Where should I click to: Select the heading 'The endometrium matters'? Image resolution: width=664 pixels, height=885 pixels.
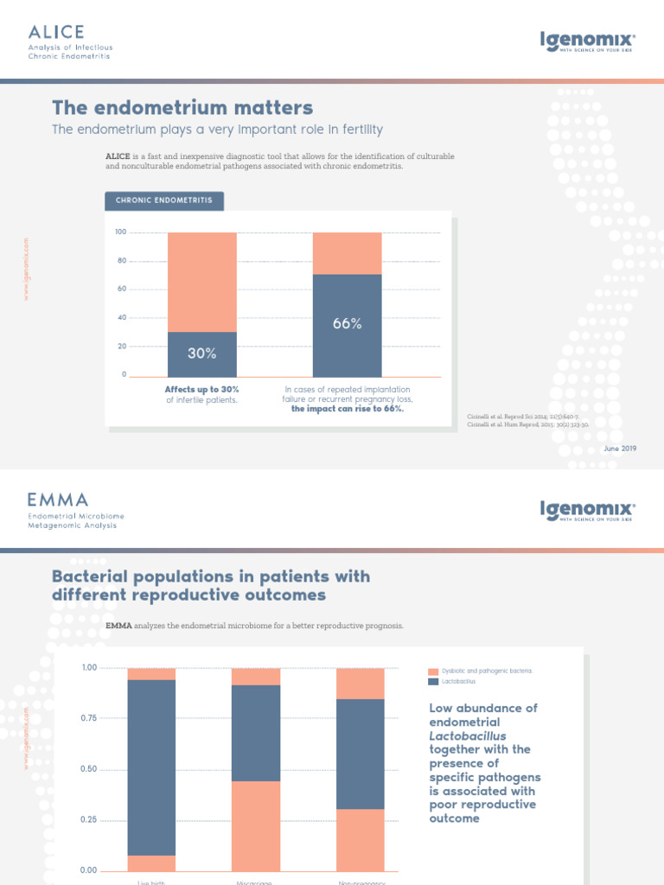coord(182,108)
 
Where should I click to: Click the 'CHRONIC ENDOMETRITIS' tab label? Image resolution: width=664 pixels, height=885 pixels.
coord(164,201)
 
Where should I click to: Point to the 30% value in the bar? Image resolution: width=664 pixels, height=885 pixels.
coord(201,353)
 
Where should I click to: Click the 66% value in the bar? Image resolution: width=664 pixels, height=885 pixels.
coord(347,324)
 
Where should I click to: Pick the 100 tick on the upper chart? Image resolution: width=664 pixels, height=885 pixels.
coord(121,232)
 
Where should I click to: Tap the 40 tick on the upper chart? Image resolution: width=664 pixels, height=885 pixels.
coord(122,318)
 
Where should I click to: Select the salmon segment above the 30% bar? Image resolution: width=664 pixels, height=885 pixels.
coord(201,282)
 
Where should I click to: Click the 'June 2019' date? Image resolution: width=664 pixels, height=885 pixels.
coord(618,448)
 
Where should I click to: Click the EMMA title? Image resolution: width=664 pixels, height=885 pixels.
coord(57,500)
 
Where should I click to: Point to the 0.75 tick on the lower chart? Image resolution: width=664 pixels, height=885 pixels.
coord(90,718)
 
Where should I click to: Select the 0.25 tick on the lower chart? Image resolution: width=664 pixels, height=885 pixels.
coord(90,819)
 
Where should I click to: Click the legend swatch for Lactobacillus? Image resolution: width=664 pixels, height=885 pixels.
coord(433,682)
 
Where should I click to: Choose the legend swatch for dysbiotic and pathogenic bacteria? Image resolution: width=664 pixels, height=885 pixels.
coord(433,671)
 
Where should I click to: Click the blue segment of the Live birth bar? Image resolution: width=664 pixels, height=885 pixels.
coord(151,767)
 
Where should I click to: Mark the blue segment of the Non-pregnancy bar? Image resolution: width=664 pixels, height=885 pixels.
coord(360,754)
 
